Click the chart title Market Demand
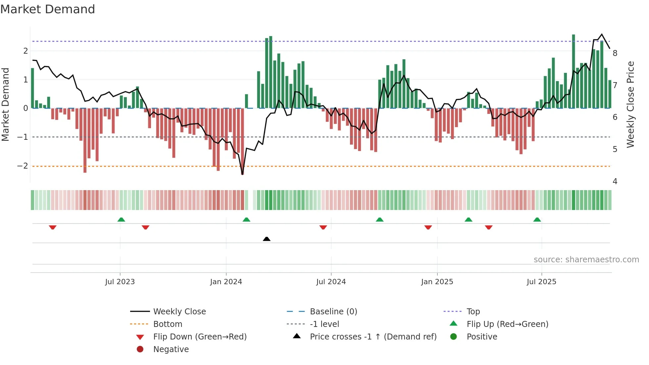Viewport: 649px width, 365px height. [x=48, y=9]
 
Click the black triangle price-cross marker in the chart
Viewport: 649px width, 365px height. [x=267, y=239]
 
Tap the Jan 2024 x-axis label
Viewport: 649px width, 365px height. [x=226, y=282]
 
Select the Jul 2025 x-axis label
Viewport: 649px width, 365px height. [x=541, y=282]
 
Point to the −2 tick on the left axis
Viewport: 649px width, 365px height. [x=23, y=166]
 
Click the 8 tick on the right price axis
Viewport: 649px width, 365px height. [x=615, y=53]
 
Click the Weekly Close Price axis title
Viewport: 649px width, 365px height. [x=630, y=104]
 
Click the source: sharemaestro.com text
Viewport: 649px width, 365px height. [x=586, y=260]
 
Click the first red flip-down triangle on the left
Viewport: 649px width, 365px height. [x=53, y=227]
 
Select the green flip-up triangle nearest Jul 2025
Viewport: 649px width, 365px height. [x=537, y=220]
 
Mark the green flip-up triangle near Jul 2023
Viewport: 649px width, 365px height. [x=121, y=220]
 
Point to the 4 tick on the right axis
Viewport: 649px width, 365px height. [x=615, y=182]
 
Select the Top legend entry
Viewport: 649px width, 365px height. [x=473, y=312]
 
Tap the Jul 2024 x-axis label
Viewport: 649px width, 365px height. [x=331, y=282]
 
